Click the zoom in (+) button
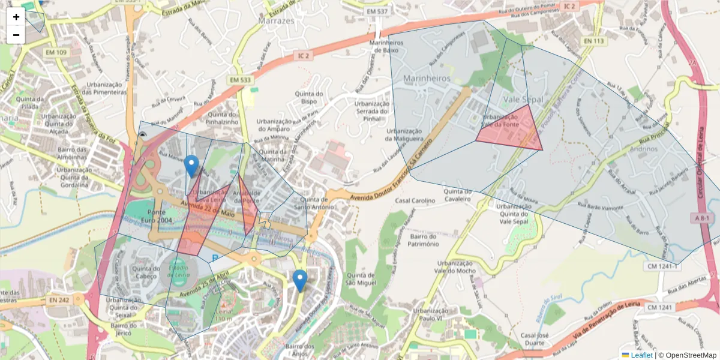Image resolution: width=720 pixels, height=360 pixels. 16,17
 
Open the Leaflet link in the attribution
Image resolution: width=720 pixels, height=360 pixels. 641,355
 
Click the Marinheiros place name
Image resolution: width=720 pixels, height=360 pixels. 427,79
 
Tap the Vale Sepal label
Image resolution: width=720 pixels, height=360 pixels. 523,99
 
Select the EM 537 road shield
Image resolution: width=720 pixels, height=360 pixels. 378,11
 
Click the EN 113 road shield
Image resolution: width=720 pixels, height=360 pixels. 594,41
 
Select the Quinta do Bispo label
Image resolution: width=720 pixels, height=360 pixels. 309,98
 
